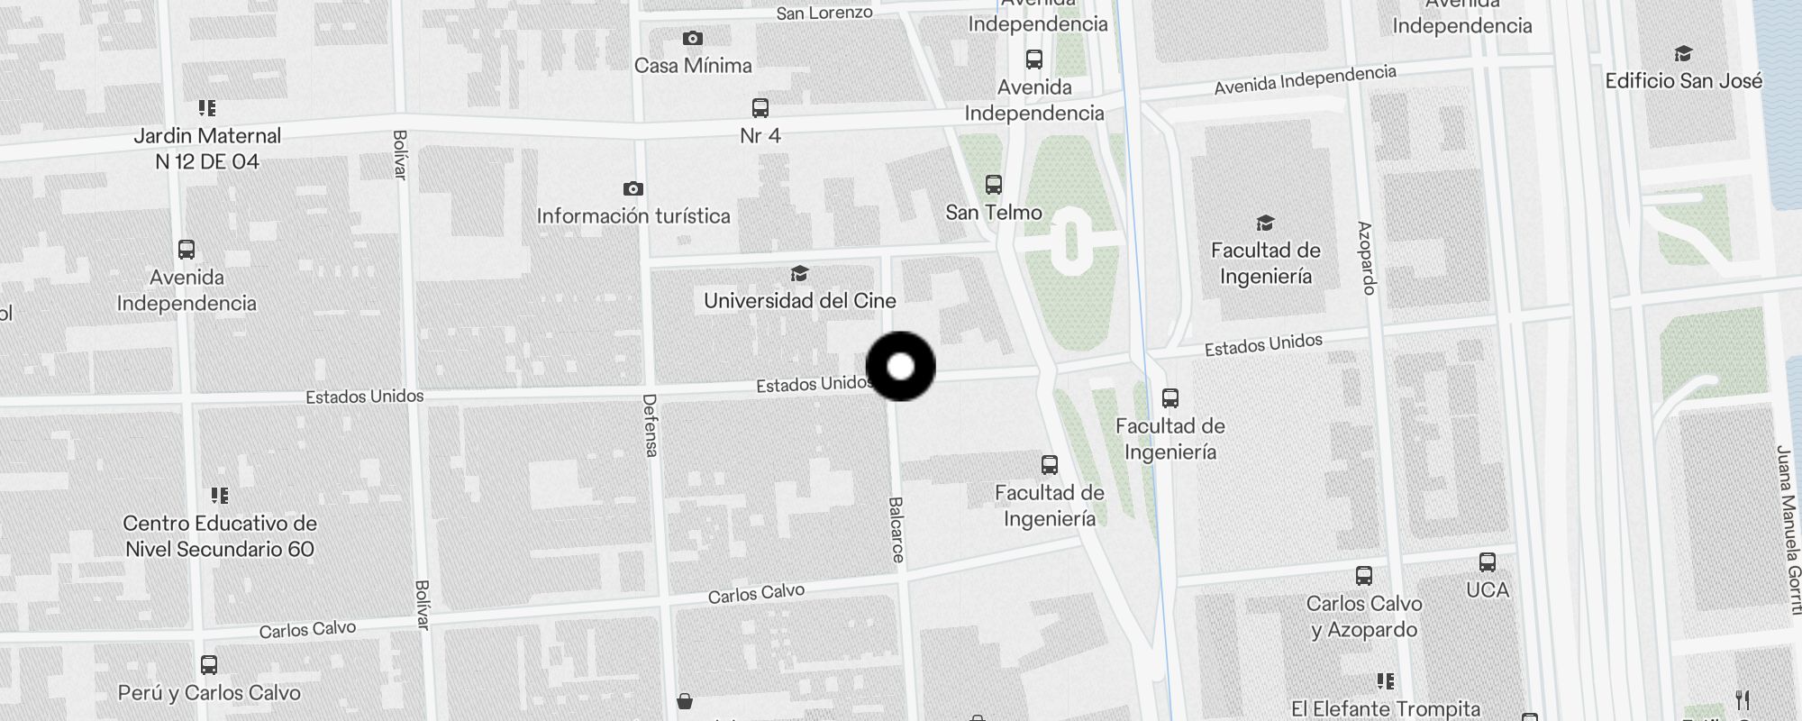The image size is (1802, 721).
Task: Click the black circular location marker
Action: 900,366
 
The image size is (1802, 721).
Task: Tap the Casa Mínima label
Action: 692,65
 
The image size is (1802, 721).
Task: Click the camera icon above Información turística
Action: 633,188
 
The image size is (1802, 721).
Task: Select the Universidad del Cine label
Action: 799,300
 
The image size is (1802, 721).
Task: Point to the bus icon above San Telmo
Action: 993,185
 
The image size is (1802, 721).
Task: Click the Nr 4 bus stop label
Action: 760,135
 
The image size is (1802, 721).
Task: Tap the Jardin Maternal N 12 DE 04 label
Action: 207,149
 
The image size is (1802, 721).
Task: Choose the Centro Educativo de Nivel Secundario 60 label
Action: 220,536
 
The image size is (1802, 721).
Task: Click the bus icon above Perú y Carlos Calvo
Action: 209,665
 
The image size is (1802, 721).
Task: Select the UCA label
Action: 1487,589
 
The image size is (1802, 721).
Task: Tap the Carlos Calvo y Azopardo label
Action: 1364,616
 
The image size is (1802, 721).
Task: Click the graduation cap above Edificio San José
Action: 1682,54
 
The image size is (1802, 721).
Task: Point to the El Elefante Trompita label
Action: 1385,708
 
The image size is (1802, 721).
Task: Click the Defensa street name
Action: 650,425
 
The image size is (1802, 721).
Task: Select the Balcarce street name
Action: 896,530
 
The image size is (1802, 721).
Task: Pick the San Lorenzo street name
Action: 824,13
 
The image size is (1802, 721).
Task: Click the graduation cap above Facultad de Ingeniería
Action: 1265,223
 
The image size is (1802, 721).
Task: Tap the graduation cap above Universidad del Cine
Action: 799,273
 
